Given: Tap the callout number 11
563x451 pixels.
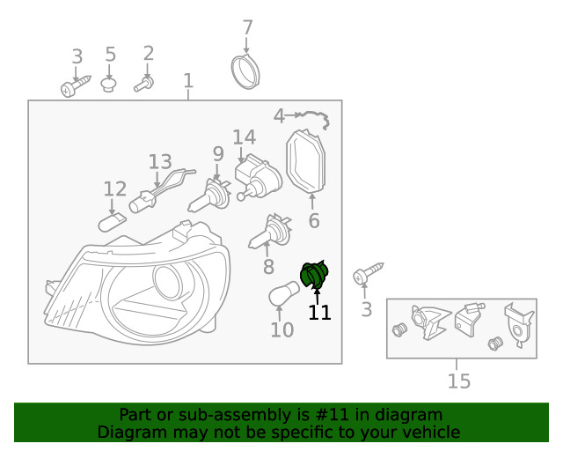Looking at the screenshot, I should pos(319,313).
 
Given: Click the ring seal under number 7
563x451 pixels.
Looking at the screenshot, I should pos(245,70).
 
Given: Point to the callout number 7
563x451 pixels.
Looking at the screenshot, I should pos(247,27).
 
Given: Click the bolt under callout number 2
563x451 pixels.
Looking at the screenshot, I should pos(144,84).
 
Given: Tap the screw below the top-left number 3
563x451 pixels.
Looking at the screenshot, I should pos(74,86).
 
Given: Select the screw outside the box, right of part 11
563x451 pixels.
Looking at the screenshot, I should pos(369,276).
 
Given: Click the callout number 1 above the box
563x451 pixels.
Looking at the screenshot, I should pos(188,82).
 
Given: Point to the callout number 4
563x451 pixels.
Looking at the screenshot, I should pos(279,115).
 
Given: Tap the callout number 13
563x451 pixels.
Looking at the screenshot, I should pos(160,162).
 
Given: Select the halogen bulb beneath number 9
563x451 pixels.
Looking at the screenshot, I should pos(209,196).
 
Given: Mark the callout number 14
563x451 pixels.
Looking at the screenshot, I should pos(244,137).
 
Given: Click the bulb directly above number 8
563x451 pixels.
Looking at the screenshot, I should pos(270,233).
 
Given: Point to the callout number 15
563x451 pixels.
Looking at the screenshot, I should pos(458,381).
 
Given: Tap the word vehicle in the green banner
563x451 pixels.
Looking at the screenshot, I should pos(429,432).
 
